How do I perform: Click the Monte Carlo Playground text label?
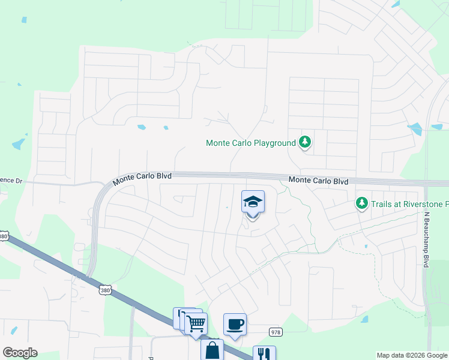tap(251, 143)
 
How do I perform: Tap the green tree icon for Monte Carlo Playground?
tap(306, 142)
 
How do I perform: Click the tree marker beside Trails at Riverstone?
tap(361, 204)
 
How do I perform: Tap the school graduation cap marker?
tap(253, 202)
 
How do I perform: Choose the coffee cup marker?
tap(235, 324)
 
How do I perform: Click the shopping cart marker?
tap(196, 323)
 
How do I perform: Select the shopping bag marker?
tap(212, 350)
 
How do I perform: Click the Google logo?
tap(20, 353)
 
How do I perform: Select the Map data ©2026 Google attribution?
tap(412, 355)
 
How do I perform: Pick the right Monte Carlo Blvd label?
tap(318, 181)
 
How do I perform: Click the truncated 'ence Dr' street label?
tap(10, 179)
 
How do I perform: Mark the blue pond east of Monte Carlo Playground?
tap(414, 128)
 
